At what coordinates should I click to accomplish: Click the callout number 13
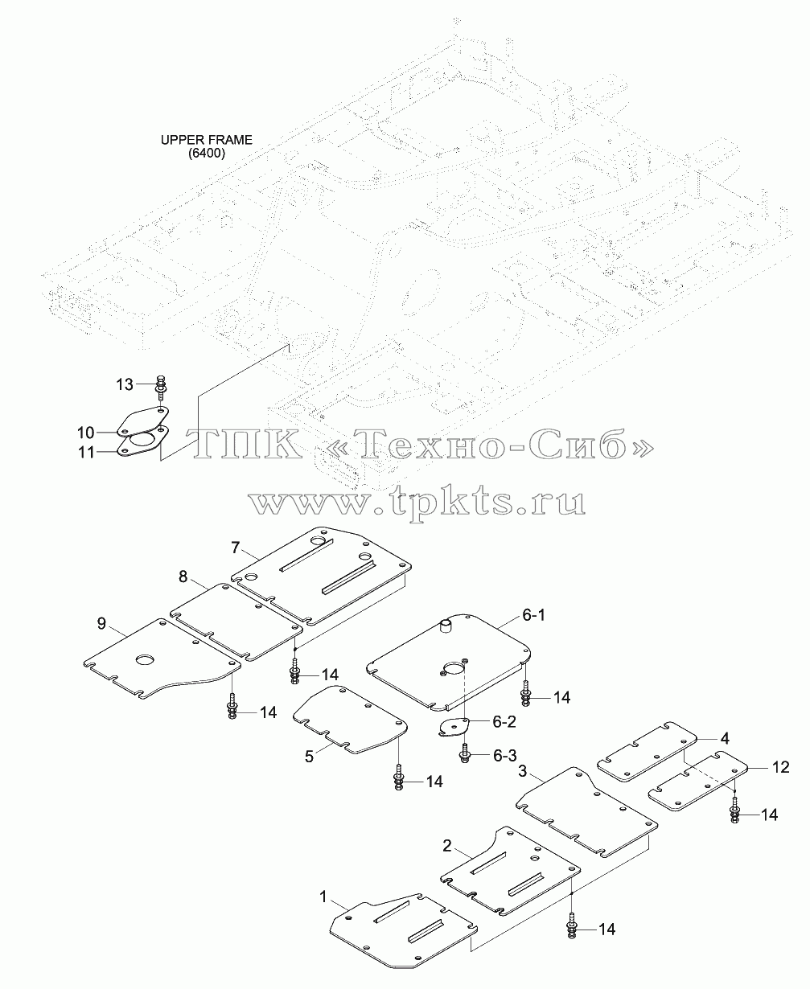(125, 384)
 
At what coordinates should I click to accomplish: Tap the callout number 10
(86, 433)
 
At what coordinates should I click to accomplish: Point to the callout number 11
(86, 453)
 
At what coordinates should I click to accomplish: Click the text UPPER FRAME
(207, 140)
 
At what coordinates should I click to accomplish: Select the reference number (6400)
(207, 154)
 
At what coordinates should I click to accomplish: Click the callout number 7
(236, 547)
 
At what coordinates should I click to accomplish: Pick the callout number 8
(183, 577)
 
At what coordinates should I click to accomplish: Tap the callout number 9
(101, 623)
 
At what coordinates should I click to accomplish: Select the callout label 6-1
(534, 615)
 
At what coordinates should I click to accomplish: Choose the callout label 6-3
(504, 756)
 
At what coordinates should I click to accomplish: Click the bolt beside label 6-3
(465, 753)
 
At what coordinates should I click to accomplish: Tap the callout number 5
(309, 757)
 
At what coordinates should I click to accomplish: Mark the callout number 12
(781, 767)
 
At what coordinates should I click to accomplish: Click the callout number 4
(725, 739)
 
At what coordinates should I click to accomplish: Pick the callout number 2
(447, 846)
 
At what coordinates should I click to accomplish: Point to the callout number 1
(323, 897)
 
